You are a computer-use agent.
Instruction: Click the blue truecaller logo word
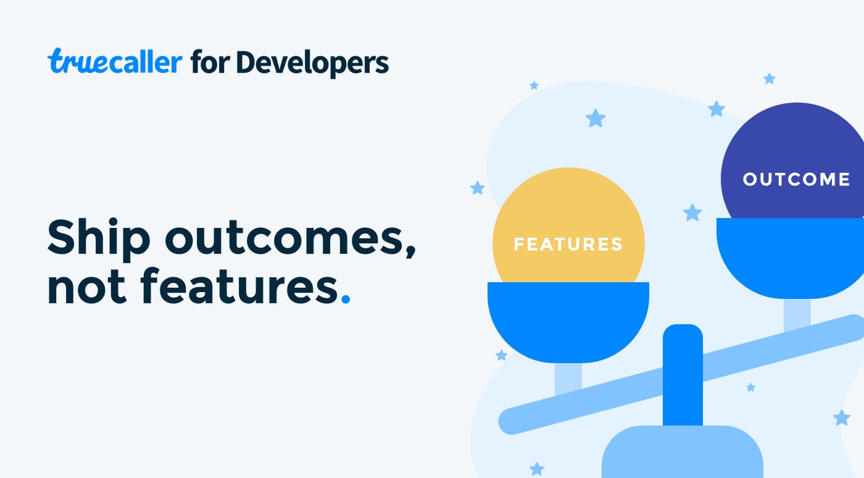point(115,61)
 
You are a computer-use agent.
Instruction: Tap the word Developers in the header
point(312,62)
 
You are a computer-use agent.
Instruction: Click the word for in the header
point(210,61)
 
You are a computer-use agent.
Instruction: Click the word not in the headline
point(87,287)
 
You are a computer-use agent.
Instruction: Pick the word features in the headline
point(239,285)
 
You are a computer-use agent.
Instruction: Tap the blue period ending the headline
point(346,299)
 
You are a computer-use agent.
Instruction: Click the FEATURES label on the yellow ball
point(568,244)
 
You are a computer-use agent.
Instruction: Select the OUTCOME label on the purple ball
point(796,179)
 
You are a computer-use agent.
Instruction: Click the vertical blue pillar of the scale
point(683,375)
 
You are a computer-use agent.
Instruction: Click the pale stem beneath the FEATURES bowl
point(568,379)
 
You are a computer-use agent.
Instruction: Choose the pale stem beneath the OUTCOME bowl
point(797,314)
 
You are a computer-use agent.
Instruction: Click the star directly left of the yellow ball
point(478,188)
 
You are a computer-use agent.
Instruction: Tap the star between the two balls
point(692,212)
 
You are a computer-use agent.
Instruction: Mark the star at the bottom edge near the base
point(536,469)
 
